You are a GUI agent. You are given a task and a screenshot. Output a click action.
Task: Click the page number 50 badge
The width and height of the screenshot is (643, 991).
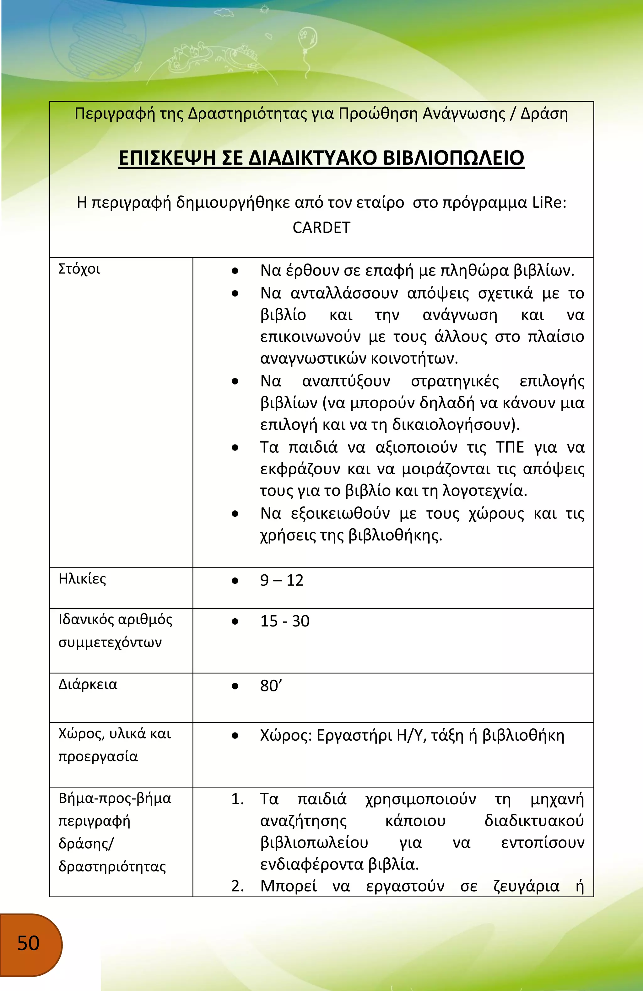coord(28,943)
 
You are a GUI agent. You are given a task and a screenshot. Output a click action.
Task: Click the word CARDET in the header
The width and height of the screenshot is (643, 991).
coord(321,228)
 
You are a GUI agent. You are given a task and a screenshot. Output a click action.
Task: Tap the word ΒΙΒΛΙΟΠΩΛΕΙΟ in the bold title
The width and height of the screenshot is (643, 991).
coord(453,158)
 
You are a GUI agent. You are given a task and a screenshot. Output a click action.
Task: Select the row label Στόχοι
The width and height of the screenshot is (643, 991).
coord(79,269)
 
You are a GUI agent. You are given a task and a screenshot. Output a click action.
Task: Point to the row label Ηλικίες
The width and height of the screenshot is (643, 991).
coord(82,579)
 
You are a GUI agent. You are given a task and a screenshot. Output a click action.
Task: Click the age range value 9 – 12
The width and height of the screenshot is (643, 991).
coord(282,580)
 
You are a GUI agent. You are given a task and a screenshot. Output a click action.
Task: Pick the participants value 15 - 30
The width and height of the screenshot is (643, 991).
coord(285,621)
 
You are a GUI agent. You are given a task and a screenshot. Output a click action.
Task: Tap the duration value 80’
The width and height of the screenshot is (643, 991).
coord(271,686)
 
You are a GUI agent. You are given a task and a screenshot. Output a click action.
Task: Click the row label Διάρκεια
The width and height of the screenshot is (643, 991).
coord(88,685)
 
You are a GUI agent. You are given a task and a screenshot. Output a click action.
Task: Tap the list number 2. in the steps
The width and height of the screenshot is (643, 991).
coord(238,886)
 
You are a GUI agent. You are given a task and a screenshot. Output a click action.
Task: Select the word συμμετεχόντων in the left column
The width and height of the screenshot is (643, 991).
coord(110,642)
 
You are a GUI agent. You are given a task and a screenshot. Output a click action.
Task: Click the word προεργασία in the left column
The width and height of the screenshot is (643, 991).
coord(98,756)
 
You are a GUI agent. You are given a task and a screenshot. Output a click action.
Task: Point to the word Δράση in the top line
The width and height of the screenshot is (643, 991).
coord(544,114)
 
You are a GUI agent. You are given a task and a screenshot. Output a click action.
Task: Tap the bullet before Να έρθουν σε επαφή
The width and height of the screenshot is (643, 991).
coord(235,271)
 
